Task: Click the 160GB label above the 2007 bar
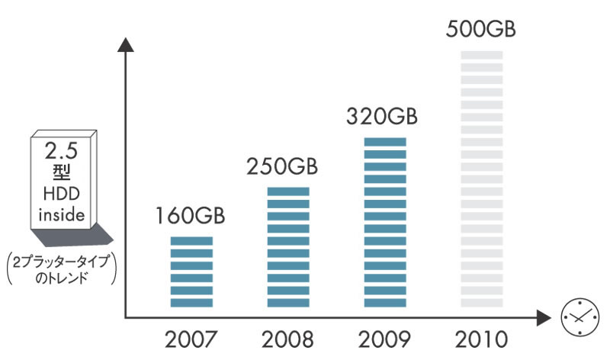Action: pyautogui.click(x=191, y=216)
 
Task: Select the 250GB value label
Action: pyautogui.click(x=282, y=166)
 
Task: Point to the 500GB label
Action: pyautogui.click(x=480, y=31)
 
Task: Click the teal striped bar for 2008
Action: pyautogui.click(x=288, y=247)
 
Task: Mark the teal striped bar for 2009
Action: pyautogui.click(x=385, y=223)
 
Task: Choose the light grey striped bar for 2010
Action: pyautogui.click(x=482, y=179)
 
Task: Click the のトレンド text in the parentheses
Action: pyautogui.click(x=63, y=278)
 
